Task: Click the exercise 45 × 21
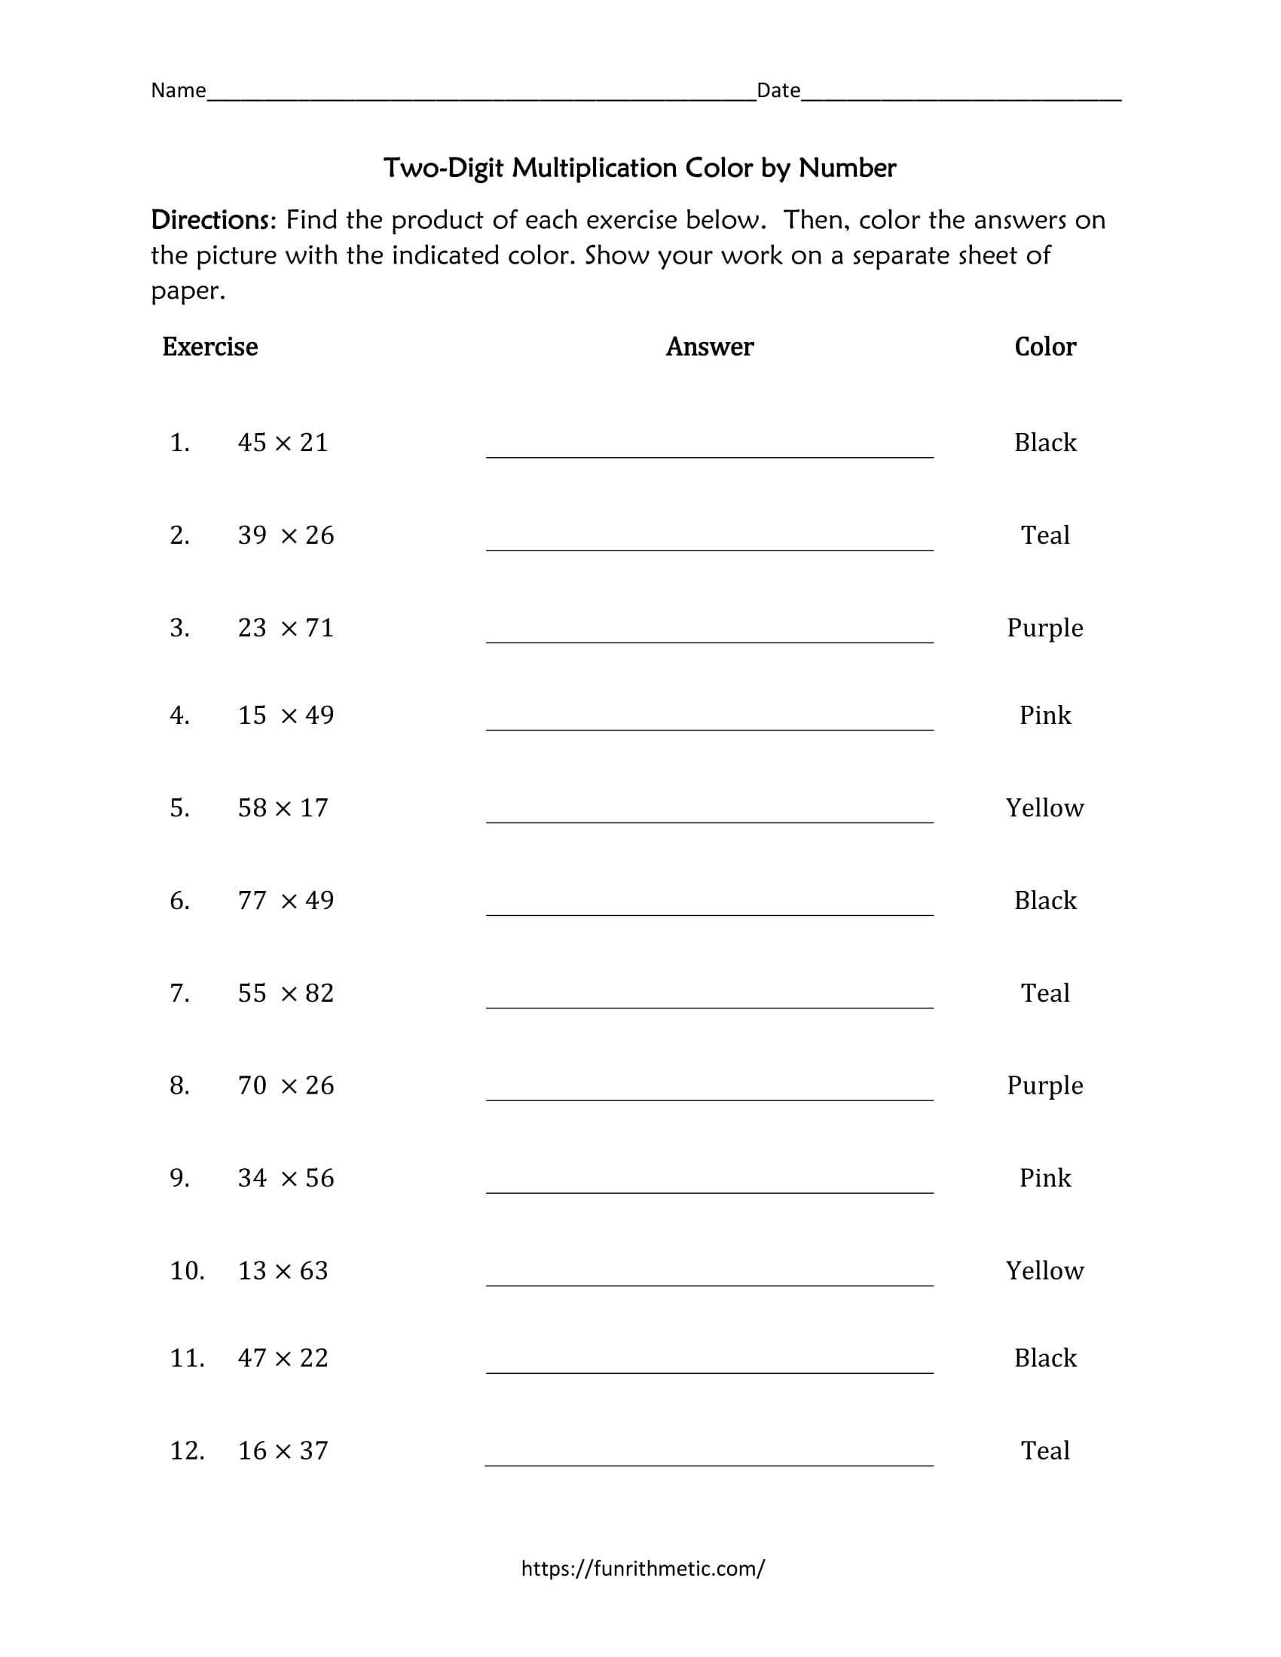click(x=283, y=442)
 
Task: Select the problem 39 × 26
click(x=286, y=535)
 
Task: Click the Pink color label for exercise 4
click(x=1045, y=715)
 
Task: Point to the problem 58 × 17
click(x=283, y=807)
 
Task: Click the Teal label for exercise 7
click(x=1045, y=993)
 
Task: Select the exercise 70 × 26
click(x=286, y=1085)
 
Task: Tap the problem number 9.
click(x=180, y=1177)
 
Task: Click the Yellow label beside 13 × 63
click(x=1045, y=1270)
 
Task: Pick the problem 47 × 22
click(x=283, y=1357)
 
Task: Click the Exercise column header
click(x=210, y=346)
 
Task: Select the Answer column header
click(x=710, y=346)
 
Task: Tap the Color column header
click(x=1045, y=346)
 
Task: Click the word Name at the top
click(x=179, y=90)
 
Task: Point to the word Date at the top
click(x=778, y=90)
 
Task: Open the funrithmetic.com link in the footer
click(x=643, y=1568)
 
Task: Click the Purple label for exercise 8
click(x=1045, y=1085)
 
